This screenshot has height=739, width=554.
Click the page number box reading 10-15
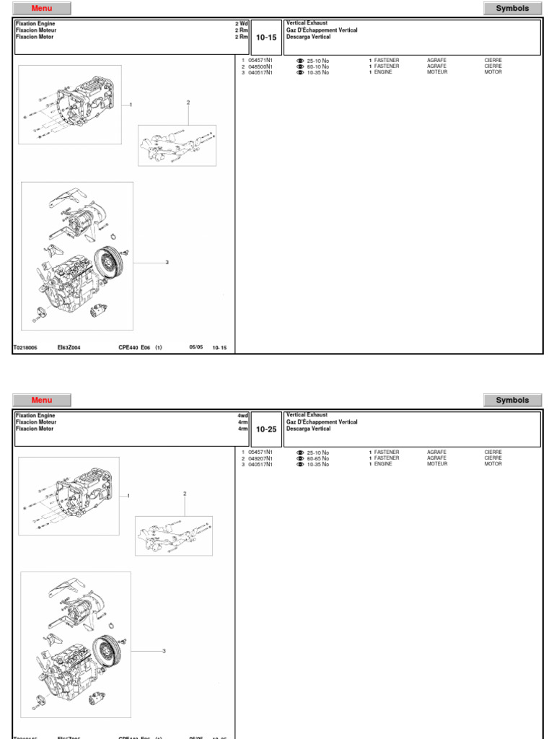click(x=267, y=38)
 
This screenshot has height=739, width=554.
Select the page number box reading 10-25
click(x=267, y=429)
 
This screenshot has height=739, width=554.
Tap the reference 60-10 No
click(x=317, y=66)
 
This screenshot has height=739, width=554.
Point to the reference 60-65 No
click(x=317, y=458)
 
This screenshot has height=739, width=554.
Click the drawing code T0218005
click(x=26, y=347)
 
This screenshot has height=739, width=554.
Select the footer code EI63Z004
click(x=69, y=347)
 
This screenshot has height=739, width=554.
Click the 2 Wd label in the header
click(x=241, y=24)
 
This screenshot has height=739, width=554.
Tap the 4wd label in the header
click(x=242, y=416)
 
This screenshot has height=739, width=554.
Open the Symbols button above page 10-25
click(x=512, y=400)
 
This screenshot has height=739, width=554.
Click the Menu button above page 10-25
click(x=43, y=400)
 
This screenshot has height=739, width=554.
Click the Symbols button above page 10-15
click(x=512, y=9)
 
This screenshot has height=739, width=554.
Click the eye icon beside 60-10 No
click(x=300, y=66)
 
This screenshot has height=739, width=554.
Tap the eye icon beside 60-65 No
click(x=300, y=458)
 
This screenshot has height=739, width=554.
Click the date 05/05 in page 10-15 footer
click(x=196, y=347)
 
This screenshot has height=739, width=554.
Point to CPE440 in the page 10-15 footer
click(x=129, y=347)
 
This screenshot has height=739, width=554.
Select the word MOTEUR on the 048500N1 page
click(x=437, y=72)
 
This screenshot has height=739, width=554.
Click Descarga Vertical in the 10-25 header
click(x=309, y=429)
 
